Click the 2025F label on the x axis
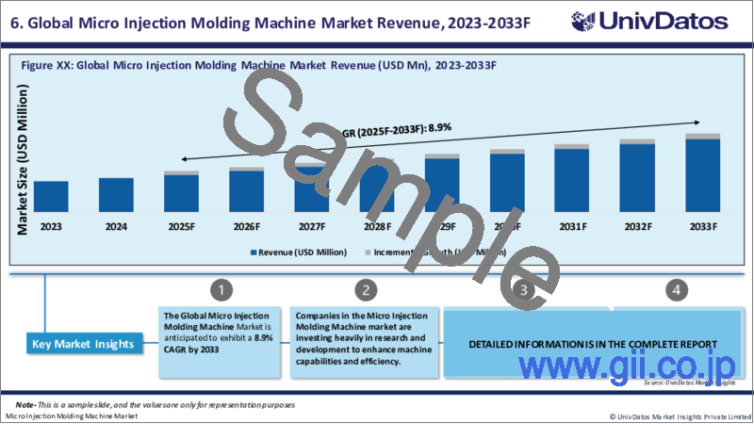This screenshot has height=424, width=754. click(x=181, y=226)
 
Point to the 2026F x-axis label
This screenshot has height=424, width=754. click(x=247, y=226)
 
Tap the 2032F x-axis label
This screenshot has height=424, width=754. click(x=638, y=226)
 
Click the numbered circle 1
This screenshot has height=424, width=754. click(x=219, y=289)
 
